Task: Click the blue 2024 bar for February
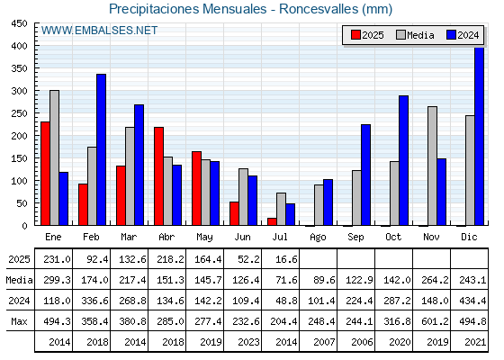[101, 149]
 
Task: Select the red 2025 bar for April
[158, 176]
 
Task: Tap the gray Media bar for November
[432, 166]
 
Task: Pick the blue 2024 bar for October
[404, 160]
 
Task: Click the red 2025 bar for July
[272, 221]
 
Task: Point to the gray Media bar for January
[54, 157]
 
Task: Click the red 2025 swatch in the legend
[355, 35]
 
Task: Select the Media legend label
[420, 35]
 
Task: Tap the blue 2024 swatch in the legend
[451, 35]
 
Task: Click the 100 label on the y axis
[20, 181]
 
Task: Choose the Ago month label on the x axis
[318, 238]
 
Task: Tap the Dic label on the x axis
[469, 237]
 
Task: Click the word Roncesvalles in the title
[319, 9]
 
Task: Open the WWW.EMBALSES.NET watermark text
[99, 31]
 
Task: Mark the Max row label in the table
[19, 321]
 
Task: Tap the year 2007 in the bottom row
[324, 342]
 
